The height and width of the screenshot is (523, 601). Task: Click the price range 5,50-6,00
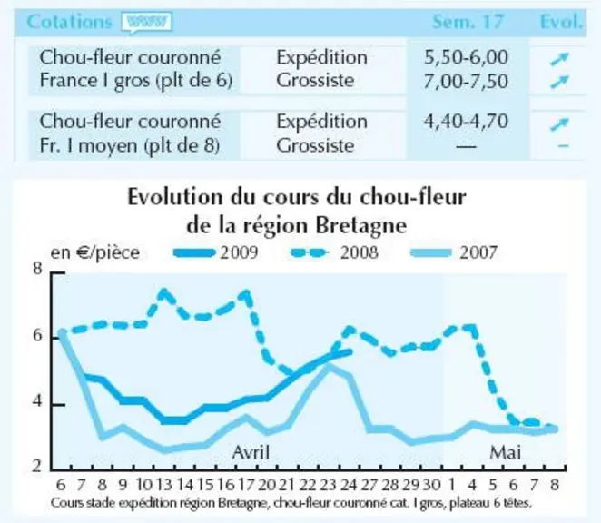tap(466, 57)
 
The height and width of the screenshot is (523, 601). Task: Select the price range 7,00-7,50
tap(466, 82)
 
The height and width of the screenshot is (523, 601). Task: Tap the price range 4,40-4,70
tap(466, 121)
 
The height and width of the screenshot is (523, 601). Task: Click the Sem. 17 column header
tap(468, 22)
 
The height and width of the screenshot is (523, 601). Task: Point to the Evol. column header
tap(561, 22)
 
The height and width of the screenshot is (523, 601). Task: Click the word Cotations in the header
tap(69, 22)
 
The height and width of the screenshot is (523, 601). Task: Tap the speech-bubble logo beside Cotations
tap(146, 22)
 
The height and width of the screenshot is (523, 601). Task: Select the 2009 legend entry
tap(215, 252)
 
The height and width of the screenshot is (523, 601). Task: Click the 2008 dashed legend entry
tap(334, 252)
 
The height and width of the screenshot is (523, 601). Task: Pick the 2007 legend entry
tap(454, 252)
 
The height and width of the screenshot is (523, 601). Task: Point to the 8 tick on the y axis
tap(37, 269)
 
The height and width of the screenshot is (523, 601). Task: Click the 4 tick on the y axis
tap(37, 403)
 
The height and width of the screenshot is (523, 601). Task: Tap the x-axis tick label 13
tap(165, 485)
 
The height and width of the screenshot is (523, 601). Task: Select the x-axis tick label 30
tap(431, 485)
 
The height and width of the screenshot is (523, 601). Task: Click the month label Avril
tap(251, 452)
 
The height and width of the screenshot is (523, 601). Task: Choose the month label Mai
tap(505, 452)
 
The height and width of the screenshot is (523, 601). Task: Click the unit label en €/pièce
tap(95, 253)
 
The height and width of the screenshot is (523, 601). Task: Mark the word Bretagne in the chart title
tap(360, 225)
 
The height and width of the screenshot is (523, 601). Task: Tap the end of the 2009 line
tap(350, 351)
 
